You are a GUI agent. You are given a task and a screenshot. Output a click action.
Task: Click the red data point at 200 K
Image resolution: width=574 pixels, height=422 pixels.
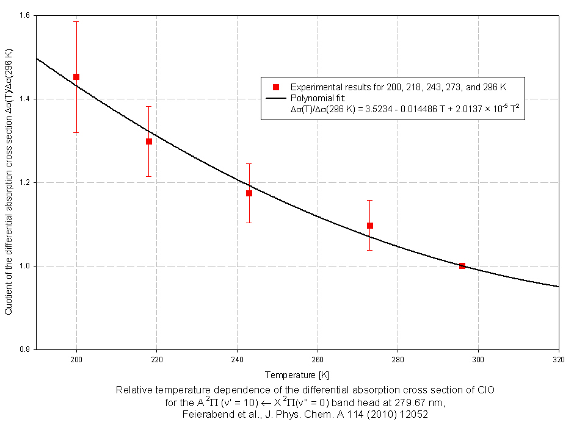click(x=76, y=77)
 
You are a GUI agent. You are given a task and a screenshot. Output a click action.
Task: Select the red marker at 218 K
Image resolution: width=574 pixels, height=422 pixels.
click(x=148, y=141)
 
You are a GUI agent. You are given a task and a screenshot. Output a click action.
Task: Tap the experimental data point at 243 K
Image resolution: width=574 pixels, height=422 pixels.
click(x=249, y=193)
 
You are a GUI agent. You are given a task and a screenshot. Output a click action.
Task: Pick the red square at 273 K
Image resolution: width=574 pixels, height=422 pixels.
click(x=370, y=226)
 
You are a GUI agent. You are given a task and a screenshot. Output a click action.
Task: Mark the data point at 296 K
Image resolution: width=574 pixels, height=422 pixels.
click(x=462, y=266)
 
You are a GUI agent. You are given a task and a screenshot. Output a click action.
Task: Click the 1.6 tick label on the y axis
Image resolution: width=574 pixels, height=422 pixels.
click(x=24, y=15)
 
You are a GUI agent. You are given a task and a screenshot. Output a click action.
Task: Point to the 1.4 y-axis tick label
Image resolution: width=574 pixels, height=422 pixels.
click(x=24, y=99)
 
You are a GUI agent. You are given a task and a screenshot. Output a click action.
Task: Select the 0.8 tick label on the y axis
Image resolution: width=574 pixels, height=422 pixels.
click(x=24, y=349)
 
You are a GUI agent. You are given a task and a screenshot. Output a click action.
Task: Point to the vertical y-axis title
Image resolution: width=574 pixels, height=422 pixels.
click(x=9, y=182)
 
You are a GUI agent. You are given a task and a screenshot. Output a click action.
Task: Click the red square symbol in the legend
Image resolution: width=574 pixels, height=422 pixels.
click(x=276, y=87)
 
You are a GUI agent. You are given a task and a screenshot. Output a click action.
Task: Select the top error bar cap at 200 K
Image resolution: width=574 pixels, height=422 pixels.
click(x=76, y=21)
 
